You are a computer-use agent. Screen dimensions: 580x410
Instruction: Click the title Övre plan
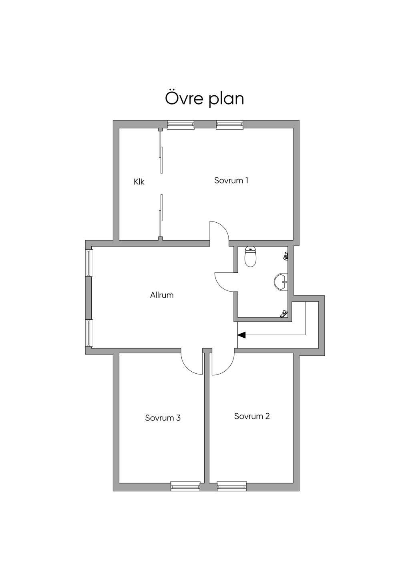point(205,99)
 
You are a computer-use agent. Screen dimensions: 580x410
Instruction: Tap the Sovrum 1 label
point(231,180)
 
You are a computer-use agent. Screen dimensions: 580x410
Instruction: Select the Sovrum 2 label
point(252,416)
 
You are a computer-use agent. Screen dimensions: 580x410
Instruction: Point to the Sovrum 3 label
point(163,418)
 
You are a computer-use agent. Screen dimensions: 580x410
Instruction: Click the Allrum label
point(162,295)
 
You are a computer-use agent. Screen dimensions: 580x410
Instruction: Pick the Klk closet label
point(139,182)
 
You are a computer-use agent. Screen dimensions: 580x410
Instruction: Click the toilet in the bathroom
point(250,257)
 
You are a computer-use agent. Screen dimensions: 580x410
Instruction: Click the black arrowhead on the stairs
point(241,335)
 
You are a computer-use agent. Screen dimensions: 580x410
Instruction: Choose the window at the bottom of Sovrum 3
point(185,486)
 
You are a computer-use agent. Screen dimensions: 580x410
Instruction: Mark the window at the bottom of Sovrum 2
point(231,486)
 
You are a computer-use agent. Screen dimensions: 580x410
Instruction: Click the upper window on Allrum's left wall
point(89,263)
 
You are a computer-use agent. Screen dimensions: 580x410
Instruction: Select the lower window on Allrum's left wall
point(89,333)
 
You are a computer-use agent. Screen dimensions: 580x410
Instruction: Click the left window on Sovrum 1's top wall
point(181,125)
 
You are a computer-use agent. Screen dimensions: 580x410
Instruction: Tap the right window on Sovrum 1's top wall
point(230,125)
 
